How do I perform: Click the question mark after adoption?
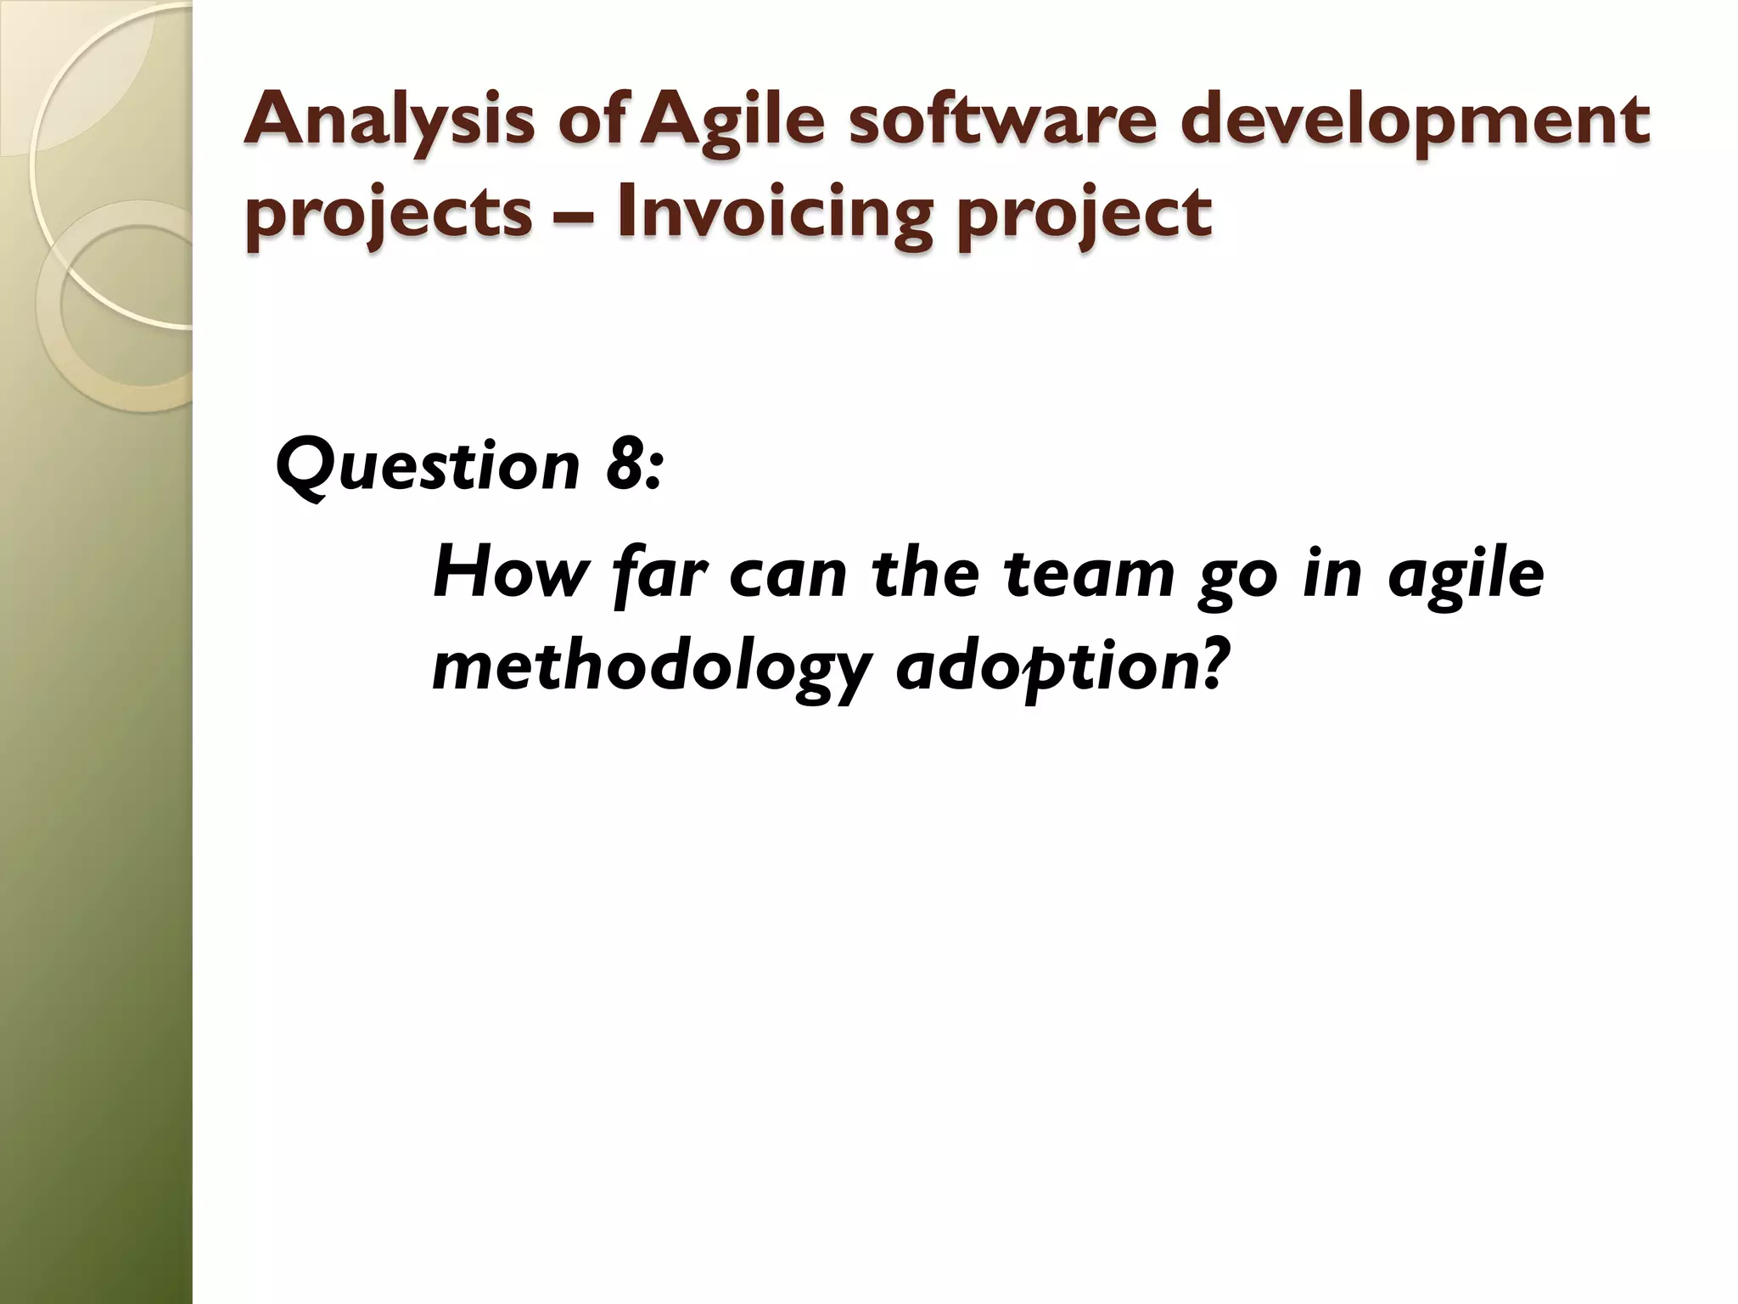pyautogui.click(x=1217, y=664)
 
